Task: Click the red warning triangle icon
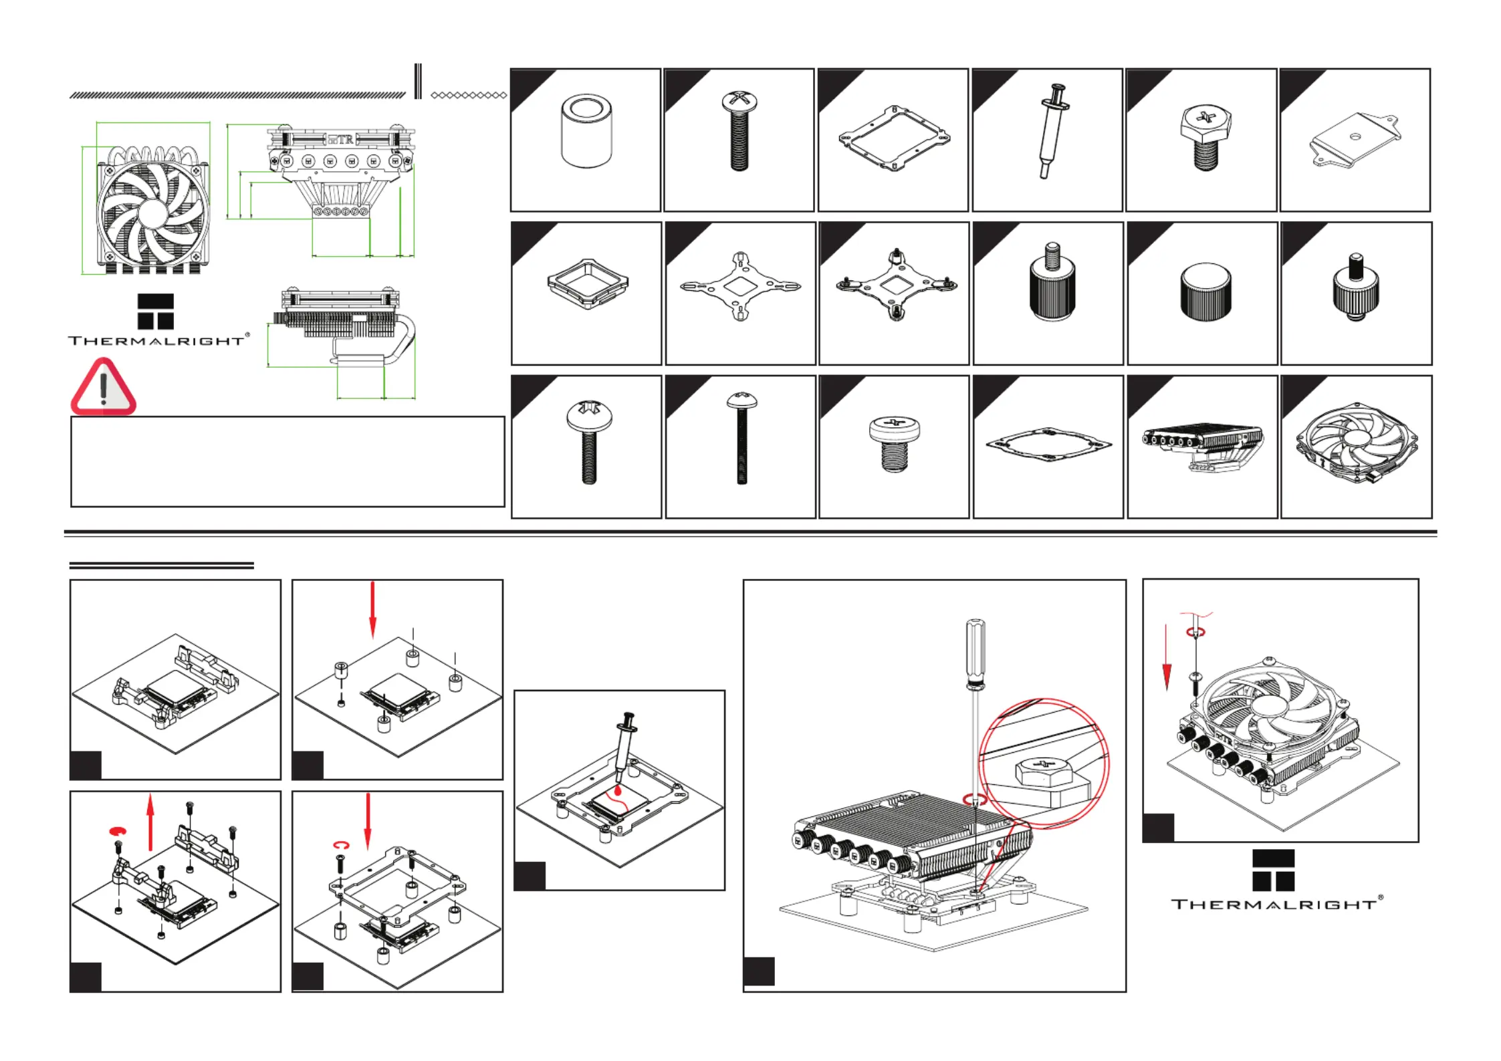tap(103, 388)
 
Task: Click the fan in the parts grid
tap(1355, 443)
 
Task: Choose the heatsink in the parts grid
tap(1201, 445)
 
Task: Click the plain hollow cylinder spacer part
tap(586, 132)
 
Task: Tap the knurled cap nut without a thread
tap(1205, 292)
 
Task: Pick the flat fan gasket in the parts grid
tap(1048, 445)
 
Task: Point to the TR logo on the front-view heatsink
tap(340, 140)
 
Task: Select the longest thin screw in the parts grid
tap(741, 438)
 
